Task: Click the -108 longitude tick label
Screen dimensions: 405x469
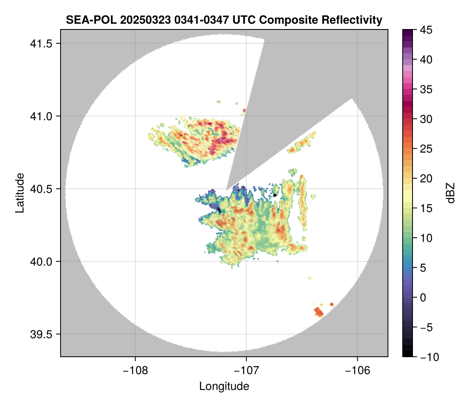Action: point(135,370)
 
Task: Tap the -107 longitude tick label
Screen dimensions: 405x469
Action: point(246,370)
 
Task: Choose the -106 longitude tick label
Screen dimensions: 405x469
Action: point(358,370)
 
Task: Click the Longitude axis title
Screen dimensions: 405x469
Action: point(224,386)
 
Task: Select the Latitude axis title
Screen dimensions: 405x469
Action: point(19,193)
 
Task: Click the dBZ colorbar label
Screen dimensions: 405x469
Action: point(451,193)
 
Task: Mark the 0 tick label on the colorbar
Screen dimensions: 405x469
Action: point(423,297)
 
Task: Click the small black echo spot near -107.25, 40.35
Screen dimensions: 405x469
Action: point(219,210)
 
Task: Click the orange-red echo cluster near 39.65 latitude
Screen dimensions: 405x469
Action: point(318,312)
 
